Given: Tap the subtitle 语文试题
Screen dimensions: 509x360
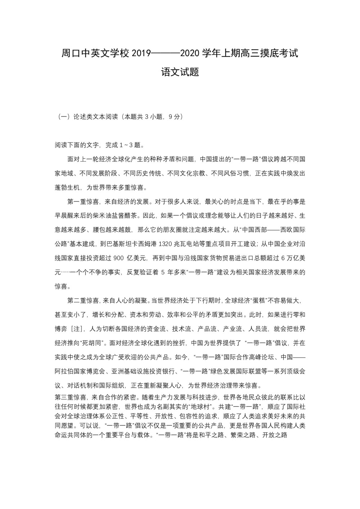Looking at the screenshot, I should [x=180, y=72].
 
